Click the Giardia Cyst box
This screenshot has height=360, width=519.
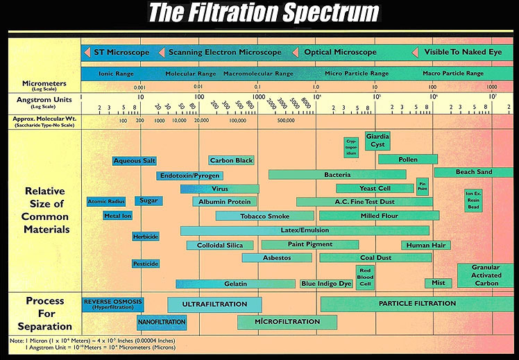click(378, 141)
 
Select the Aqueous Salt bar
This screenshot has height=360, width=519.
click(135, 161)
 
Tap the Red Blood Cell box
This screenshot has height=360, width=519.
click(365, 277)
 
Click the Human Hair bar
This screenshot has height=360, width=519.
click(426, 245)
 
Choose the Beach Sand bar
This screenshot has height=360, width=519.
click(474, 172)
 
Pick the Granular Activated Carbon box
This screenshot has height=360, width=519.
click(485, 275)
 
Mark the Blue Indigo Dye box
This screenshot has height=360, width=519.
click(326, 284)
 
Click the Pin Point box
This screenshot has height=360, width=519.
click(422, 187)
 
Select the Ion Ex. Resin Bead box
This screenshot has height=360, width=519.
click(473, 200)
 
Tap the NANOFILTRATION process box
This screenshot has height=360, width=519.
click(162, 322)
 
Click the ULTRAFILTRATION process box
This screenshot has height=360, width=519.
click(214, 305)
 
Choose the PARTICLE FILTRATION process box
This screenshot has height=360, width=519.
click(417, 304)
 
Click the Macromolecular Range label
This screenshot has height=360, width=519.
click(258, 74)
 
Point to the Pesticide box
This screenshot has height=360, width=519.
click(146, 264)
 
